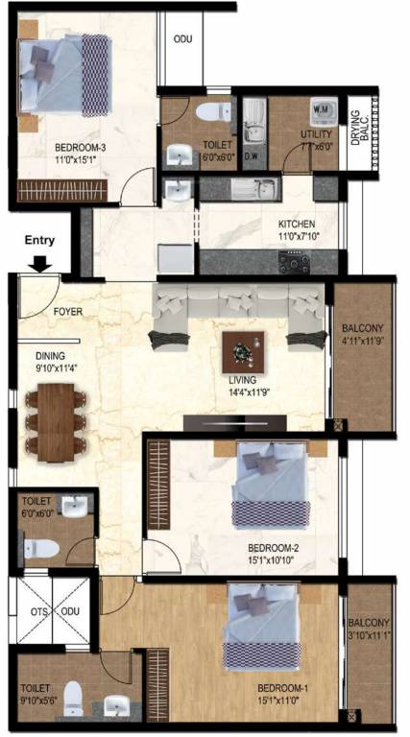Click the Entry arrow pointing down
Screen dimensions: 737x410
click(x=40, y=259)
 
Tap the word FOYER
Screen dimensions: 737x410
click(x=67, y=312)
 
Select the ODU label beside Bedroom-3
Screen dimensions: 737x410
click(x=181, y=40)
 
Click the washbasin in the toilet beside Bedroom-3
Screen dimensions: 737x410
click(x=178, y=155)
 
